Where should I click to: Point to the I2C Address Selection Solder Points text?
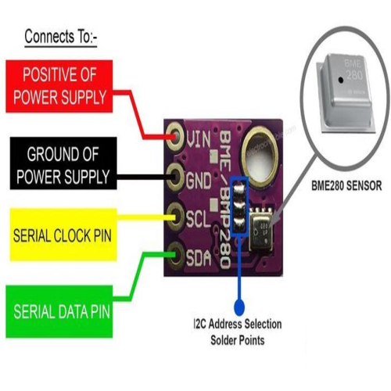pyautogui.click(x=238, y=332)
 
